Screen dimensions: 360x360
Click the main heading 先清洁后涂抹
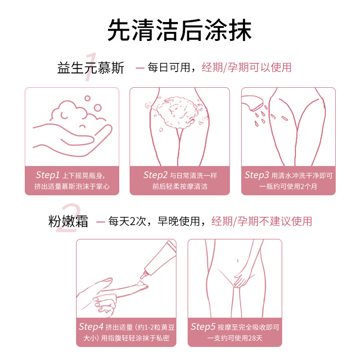pyautogui.click(x=180, y=30)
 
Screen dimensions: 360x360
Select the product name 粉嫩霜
pyautogui.click(x=68, y=221)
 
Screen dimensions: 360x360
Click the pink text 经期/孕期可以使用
pyautogui.click(x=247, y=67)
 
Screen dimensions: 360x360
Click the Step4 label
pyautogui.click(x=91, y=327)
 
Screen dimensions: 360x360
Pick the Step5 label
pyautogui.click(x=203, y=327)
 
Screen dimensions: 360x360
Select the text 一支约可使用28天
pyautogui.click(x=234, y=338)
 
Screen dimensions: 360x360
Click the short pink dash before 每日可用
pyautogui.click(x=140, y=68)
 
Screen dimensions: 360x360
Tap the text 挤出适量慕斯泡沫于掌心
pyautogui.click(x=72, y=186)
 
